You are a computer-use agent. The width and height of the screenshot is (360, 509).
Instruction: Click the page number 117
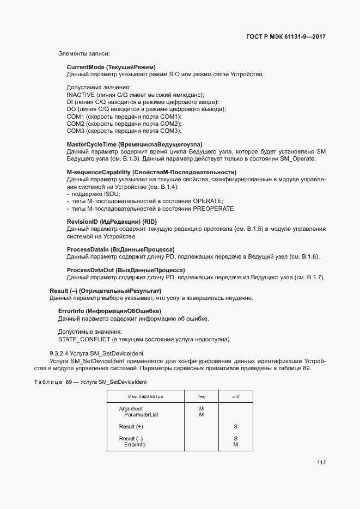click(x=321, y=463)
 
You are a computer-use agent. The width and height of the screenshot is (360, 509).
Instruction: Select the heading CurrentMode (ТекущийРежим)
click(x=111, y=66)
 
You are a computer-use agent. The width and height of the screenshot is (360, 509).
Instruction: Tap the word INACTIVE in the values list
click(x=80, y=95)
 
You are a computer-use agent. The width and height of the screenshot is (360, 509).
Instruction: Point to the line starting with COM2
click(x=124, y=124)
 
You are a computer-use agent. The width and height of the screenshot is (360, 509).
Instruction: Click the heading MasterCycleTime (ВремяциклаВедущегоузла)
click(x=135, y=144)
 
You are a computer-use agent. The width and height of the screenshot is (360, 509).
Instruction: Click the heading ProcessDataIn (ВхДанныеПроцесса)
click(x=120, y=249)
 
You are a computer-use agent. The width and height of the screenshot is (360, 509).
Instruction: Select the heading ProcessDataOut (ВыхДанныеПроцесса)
click(x=126, y=270)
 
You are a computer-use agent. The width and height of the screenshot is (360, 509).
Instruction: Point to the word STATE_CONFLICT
click(x=84, y=340)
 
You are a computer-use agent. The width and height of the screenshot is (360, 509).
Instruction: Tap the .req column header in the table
click(x=201, y=396)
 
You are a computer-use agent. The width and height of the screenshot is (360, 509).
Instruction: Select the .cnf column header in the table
click(x=235, y=396)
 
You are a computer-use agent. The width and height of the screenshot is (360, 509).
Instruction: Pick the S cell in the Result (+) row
click(x=235, y=427)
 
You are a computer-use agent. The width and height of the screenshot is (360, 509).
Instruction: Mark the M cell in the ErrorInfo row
click(x=235, y=445)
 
